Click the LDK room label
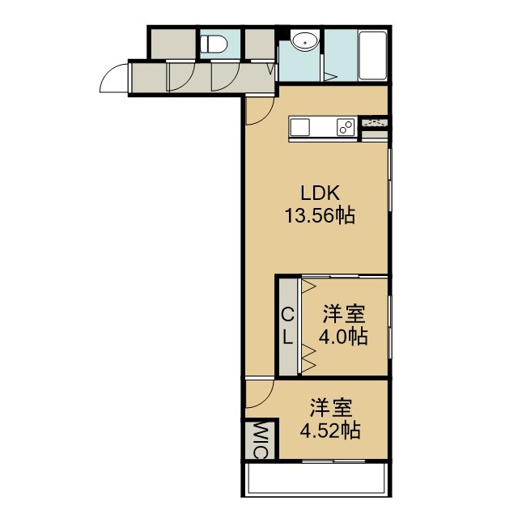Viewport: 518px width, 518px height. click(321, 193)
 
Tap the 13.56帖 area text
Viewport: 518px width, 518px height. click(321, 216)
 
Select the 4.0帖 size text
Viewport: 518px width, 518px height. click(343, 337)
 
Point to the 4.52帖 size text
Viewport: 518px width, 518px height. click(330, 431)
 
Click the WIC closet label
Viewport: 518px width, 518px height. click(260, 440)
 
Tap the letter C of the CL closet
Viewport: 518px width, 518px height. click(287, 315)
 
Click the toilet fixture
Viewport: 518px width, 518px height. click(214, 44)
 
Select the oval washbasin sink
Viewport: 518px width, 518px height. click(306, 41)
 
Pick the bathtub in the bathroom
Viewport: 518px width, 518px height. click(373, 56)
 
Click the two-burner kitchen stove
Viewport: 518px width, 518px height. click(346, 127)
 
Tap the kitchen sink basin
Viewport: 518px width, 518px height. click(300, 127)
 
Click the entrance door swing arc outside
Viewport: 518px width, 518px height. click(113, 78)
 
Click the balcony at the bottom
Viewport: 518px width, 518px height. click(316, 479)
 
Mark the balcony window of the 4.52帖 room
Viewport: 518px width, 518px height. click(333, 461)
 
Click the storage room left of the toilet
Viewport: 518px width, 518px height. click(173, 44)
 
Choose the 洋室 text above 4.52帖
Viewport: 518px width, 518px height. click(331, 408)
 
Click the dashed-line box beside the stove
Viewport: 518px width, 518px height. click(375, 122)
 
